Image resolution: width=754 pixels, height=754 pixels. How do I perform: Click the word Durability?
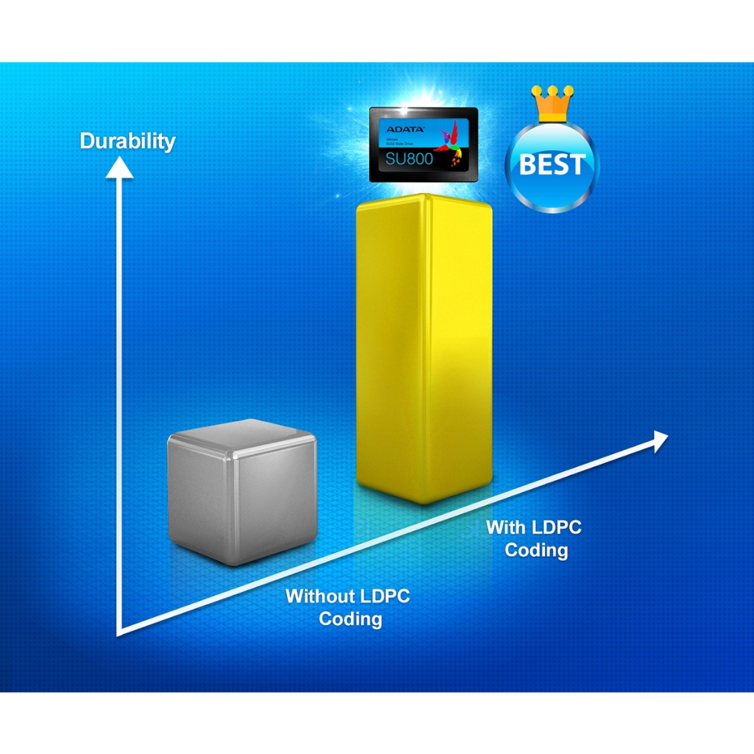(x=127, y=141)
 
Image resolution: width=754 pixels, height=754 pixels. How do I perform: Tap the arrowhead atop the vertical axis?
(x=119, y=167)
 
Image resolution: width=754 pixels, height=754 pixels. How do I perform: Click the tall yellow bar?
(x=423, y=346)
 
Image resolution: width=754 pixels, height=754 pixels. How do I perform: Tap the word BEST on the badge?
(x=552, y=165)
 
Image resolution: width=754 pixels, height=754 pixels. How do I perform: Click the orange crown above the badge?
(x=553, y=105)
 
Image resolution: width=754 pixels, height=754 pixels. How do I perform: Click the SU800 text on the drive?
(x=409, y=157)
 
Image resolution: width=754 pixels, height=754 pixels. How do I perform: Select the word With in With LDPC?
(x=506, y=527)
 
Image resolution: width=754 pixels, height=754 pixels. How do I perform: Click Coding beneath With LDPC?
(x=536, y=550)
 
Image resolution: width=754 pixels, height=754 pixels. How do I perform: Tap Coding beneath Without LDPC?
(x=350, y=619)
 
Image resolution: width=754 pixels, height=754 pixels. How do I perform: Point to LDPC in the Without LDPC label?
(x=385, y=596)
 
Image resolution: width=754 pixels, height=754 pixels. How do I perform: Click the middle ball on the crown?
(x=553, y=91)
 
